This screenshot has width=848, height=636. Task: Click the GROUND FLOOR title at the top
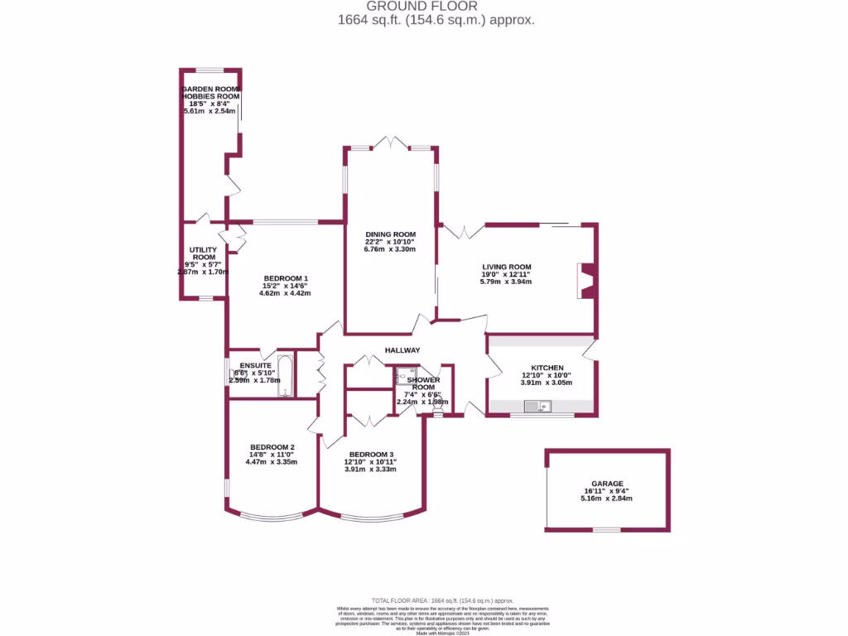[422, 6]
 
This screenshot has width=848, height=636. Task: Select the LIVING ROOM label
[506, 267]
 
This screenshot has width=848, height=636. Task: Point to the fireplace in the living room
[585, 280]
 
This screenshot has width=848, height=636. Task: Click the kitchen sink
[538, 406]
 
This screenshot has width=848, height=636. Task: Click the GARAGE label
[607, 484]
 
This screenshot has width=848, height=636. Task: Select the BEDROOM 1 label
[286, 278]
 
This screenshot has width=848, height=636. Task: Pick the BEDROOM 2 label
[271, 447]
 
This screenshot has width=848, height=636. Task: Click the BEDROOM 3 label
[371, 455]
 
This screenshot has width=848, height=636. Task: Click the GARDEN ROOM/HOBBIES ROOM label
[210, 93]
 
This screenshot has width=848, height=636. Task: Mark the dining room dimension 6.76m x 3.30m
[389, 248]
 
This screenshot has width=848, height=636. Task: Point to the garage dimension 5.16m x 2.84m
[607, 499]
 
